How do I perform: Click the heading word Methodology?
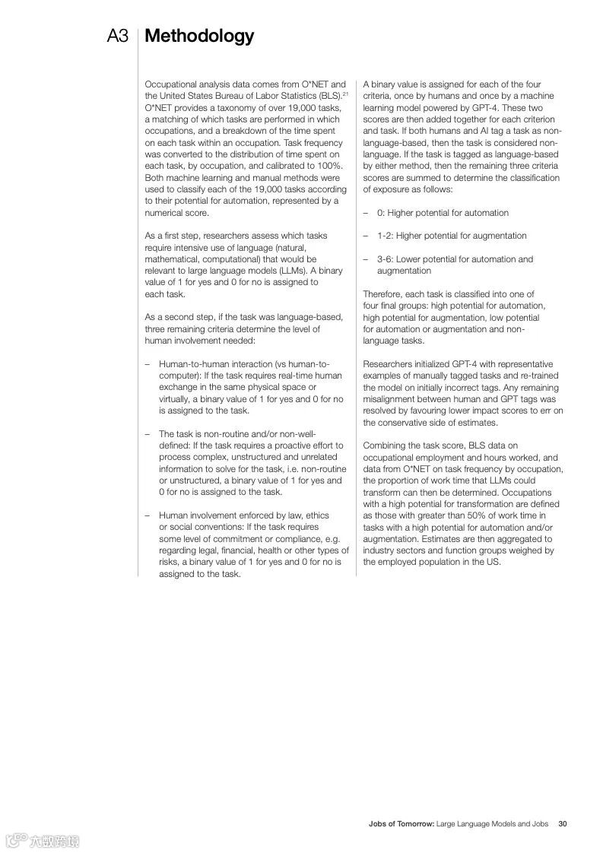(199, 36)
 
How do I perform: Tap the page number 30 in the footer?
(563, 823)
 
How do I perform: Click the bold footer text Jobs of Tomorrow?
(401, 823)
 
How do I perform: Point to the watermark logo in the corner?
(42, 840)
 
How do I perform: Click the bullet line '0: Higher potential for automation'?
(443, 213)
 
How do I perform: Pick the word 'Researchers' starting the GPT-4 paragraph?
(386, 364)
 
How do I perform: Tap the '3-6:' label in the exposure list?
(386, 259)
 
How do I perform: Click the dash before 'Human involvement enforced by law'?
(148, 515)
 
